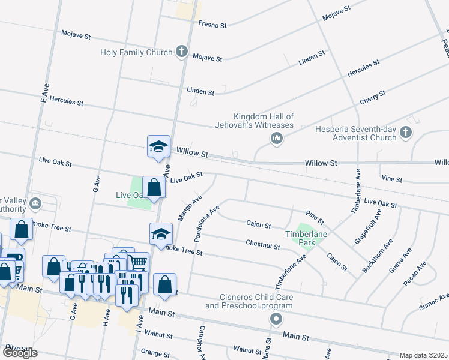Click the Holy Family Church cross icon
click(x=182, y=52)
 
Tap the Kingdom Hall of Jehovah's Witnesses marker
click(x=276, y=139)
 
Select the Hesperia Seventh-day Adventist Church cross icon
click(x=406, y=133)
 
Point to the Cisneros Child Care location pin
click(x=276, y=319)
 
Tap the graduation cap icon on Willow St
click(x=159, y=146)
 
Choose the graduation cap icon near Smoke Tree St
click(x=161, y=233)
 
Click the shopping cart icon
click(x=139, y=262)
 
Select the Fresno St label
click(x=212, y=26)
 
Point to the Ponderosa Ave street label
click(x=207, y=224)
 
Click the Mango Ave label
click(x=188, y=206)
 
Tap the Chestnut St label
click(x=262, y=245)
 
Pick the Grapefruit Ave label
click(x=367, y=227)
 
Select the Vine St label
click(x=391, y=179)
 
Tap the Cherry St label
click(x=372, y=97)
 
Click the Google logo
click(x=20, y=353)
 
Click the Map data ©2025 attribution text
click(x=423, y=355)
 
